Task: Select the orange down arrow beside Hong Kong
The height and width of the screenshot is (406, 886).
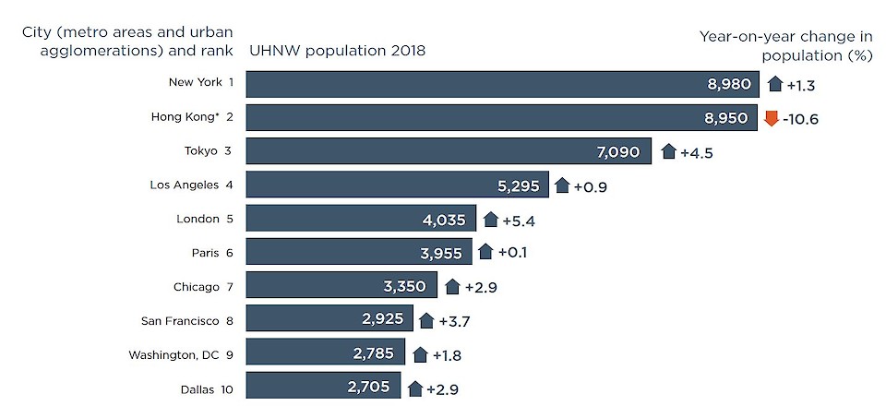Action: coord(772,117)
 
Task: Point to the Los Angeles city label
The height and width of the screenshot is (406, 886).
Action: coord(186,185)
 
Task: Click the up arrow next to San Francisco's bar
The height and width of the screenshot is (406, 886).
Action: coord(425,320)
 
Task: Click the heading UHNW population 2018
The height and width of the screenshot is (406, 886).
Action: coord(337,51)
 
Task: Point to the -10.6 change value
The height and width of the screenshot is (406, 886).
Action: coord(802,118)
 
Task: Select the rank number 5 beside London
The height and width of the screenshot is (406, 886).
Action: coord(230,219)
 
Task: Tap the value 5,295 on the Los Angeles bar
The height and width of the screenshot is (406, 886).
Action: coord(518,185)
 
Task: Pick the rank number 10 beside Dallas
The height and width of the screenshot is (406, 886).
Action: coord(227,388)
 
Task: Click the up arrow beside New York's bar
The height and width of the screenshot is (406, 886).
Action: coord(774,84)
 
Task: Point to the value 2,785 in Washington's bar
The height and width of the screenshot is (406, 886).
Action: coord(374,353)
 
